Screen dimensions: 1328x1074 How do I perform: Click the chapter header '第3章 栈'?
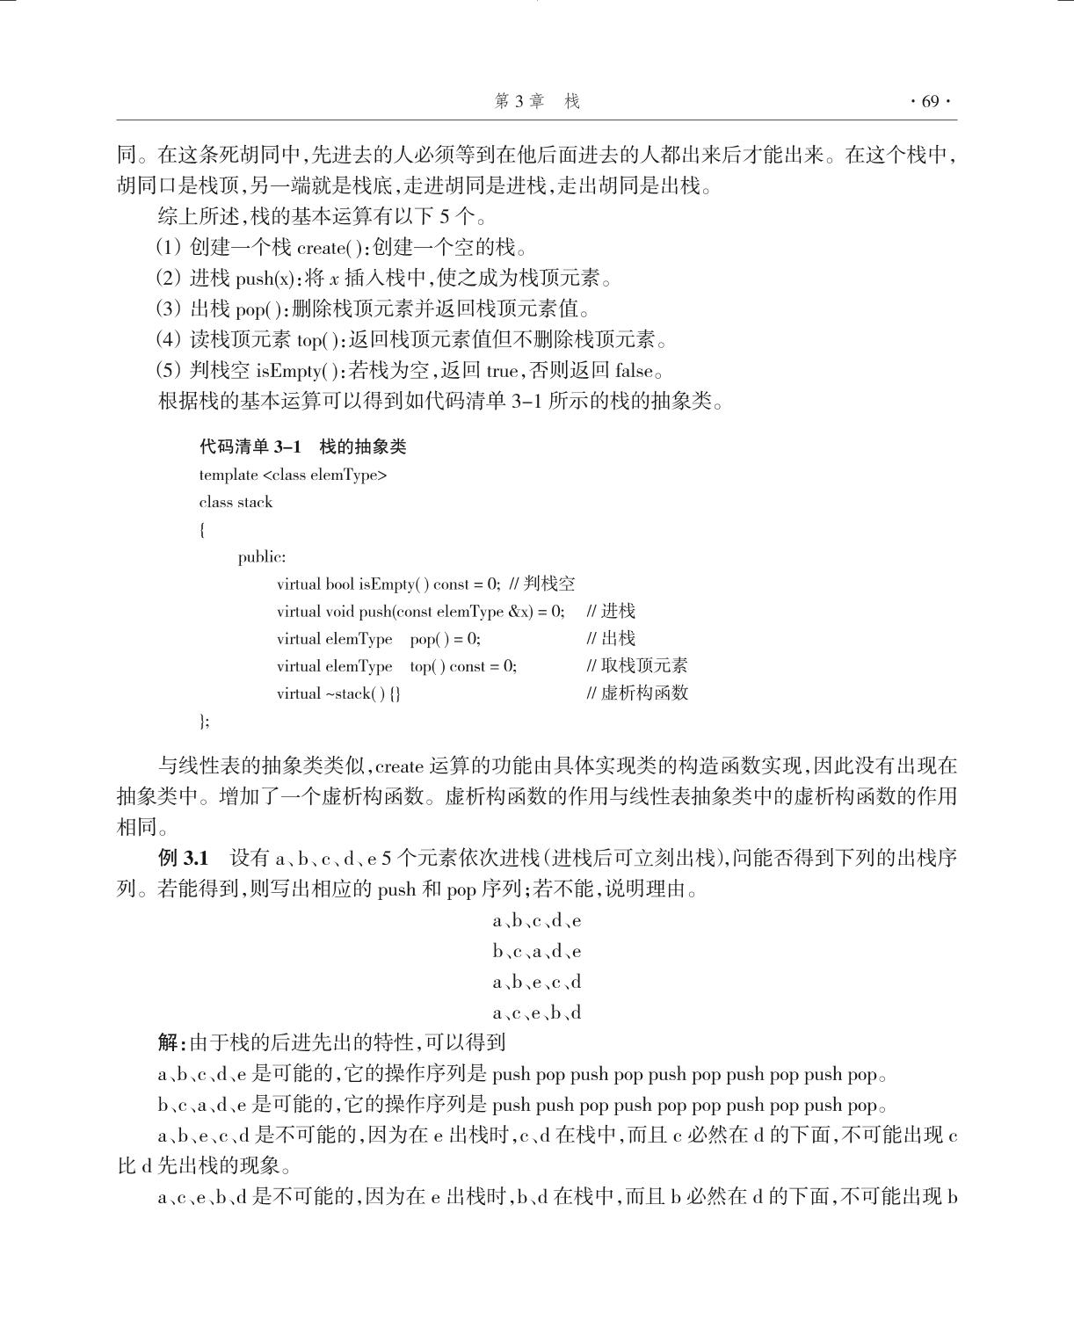click(537, 102)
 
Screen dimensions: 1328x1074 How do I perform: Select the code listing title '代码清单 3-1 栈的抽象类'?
click(302, 447)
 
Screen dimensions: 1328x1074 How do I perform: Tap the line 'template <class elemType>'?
click(293, 475)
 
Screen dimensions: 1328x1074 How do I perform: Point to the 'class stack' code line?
click(236, 503)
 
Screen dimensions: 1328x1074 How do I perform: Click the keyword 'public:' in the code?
click(261, 557)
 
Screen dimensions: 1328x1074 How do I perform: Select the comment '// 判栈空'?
click(541, 584)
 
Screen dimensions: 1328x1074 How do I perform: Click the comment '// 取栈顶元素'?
click(636, 666)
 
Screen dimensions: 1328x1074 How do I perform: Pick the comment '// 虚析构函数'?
click(636, 693)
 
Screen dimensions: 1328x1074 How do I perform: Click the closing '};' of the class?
click(204, 722)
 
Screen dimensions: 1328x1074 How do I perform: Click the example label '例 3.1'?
click(183, 858)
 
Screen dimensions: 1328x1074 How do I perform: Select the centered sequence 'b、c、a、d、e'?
click(537, 952)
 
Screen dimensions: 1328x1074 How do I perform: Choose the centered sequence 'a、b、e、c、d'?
click(537, 983)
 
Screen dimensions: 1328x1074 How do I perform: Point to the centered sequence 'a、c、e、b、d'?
click(537, 1013)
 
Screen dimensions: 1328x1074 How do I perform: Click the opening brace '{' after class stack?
click(202, 530)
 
